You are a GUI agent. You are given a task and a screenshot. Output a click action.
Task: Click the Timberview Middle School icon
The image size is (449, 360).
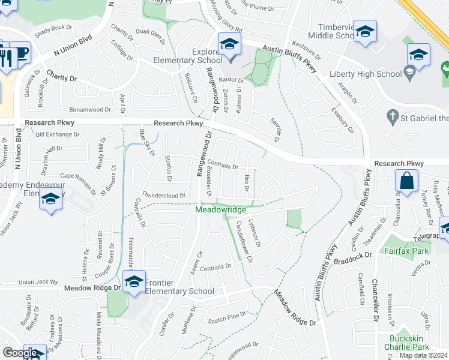tap(365, 32)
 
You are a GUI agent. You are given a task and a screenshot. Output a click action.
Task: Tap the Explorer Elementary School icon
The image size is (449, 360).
tap(229, 44)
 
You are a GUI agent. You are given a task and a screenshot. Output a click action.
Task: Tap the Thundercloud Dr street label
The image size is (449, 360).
tap(161, 196)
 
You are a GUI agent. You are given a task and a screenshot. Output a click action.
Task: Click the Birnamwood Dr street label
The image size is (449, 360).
tap(91, 110)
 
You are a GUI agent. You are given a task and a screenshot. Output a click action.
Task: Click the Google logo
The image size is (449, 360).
tap(19, 353)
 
